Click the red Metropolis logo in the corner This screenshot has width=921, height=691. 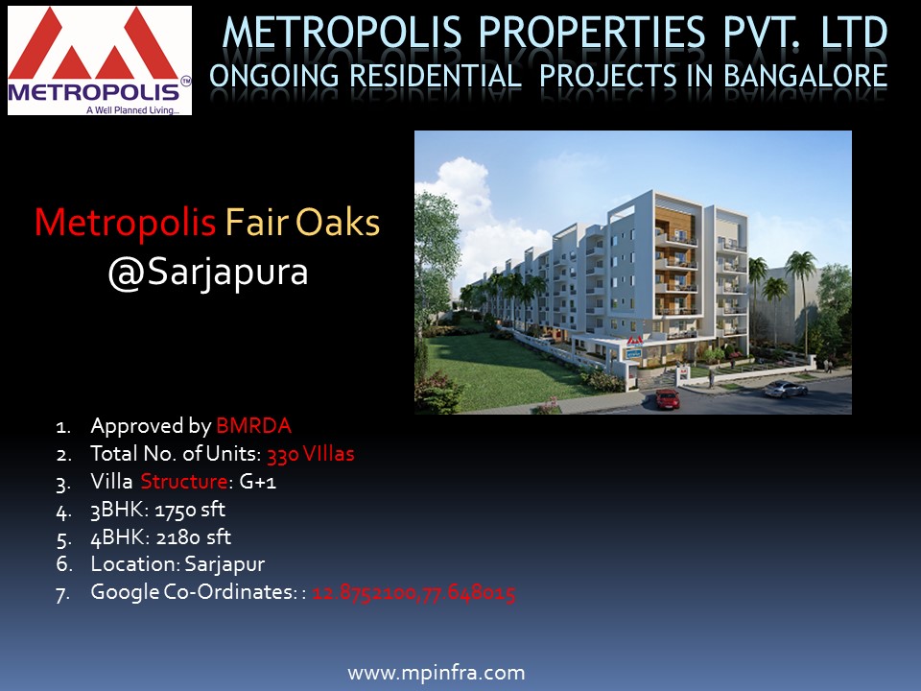click(99, 60)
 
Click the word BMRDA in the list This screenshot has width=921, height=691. click(253, 426)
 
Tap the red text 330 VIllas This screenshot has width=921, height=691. click(311, 454)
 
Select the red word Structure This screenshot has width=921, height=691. click(184, 482)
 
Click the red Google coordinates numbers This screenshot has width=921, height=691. click(414, 592)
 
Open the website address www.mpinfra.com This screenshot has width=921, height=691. click(437, 673)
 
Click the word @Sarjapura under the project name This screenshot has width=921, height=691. click(208, 273)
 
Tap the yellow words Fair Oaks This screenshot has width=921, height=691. click(302, 223)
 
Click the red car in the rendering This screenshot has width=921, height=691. click(668, 399)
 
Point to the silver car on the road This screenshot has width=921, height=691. click(786, 389)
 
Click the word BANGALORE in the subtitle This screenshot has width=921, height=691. click(805, 77)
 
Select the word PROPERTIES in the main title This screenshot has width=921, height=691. click(592, 33)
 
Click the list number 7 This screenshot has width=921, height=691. click(63, 593)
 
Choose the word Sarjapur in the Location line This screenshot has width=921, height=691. click(224, 564)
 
